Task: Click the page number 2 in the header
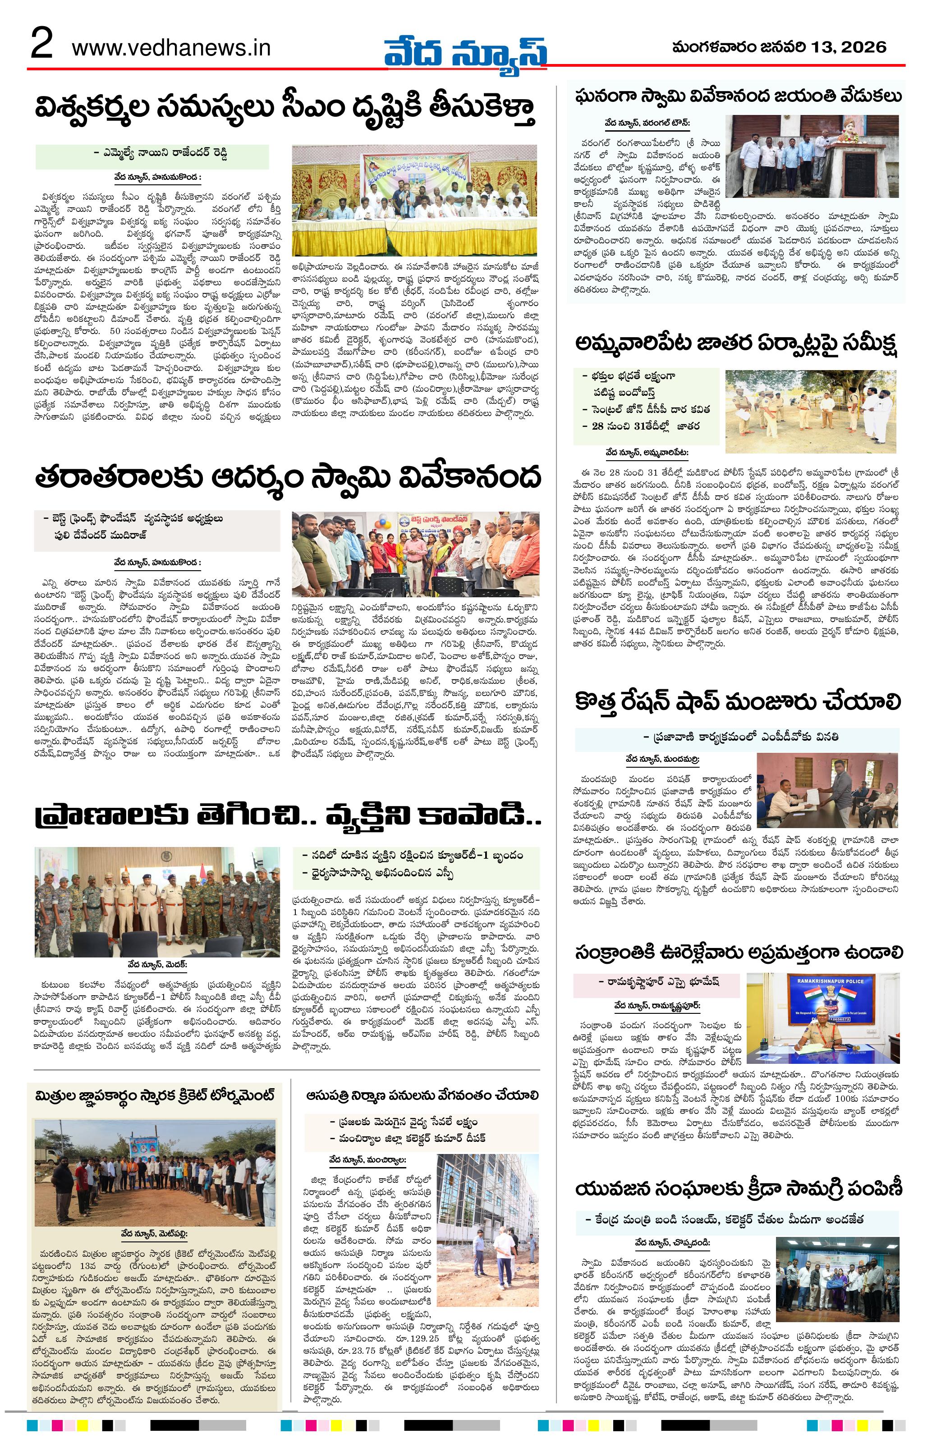coord(41,46)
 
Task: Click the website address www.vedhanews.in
coord(171,48)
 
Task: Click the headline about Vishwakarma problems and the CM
coord(285,112)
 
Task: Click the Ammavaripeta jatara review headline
coord(737,346)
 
